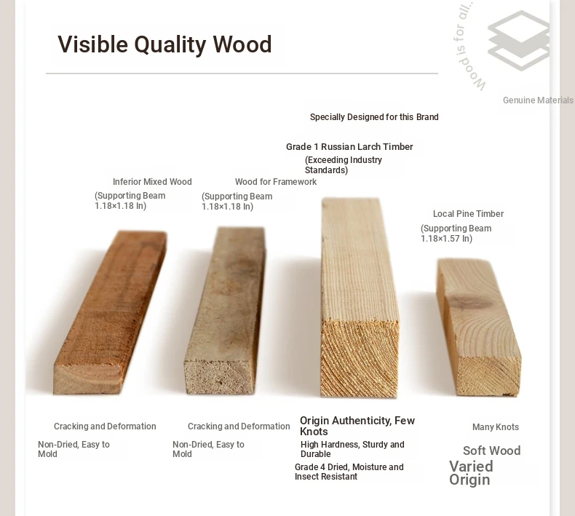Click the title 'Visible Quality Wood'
tap(164, 44)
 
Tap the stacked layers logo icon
tap(518, 40)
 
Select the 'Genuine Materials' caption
tap(538, 100)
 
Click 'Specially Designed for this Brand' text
tap(374, 117)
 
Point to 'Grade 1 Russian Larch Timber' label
tap(349, 147)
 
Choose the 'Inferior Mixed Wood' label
tap(152, 182)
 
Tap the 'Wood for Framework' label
tap(276, 182)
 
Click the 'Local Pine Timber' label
tap(468, 214)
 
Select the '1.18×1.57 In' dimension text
tap(445, 239)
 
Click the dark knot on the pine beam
tap(470, 302)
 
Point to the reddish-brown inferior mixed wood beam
tap(111, 312)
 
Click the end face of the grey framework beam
tap(220, 377)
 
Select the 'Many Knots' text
tap(496, 427)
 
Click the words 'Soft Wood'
tap(492, 450)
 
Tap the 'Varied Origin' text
tap(471, 473)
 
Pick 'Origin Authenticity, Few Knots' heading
tap(357, 426)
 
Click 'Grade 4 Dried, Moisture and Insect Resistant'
tap(349, 472)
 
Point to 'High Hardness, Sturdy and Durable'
tap(352, 449)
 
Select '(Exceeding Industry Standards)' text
tap(344, 165)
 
